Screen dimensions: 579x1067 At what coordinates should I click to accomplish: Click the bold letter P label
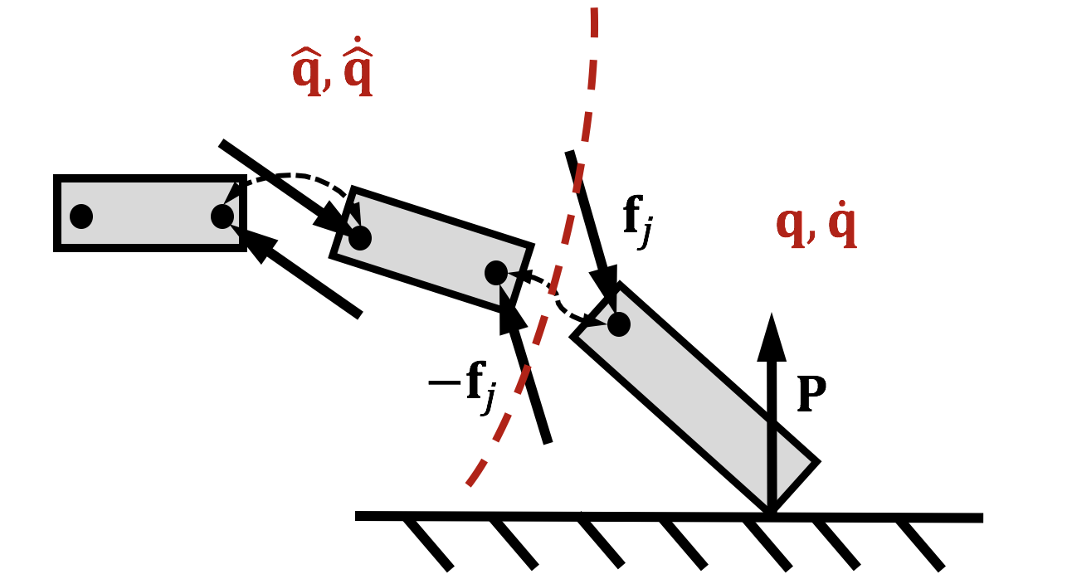pos(811,396)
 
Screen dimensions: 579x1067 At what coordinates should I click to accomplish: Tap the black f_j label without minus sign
pos(636,222)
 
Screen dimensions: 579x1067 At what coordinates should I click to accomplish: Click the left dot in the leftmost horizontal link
pos(80,216)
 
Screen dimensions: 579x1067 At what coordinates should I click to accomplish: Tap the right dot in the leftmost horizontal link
pos(222,216)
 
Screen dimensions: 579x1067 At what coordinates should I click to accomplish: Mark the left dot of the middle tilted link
pos(359,237)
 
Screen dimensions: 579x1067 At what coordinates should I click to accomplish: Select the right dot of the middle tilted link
pos(495,272)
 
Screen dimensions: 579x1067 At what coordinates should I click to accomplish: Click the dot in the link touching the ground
pos(618,324)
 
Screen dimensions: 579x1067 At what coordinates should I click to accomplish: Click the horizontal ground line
pos(664,516)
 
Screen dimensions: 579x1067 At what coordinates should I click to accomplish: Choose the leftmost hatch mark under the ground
pos(428,543)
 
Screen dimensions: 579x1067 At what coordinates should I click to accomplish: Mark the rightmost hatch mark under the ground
pos(921,544)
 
